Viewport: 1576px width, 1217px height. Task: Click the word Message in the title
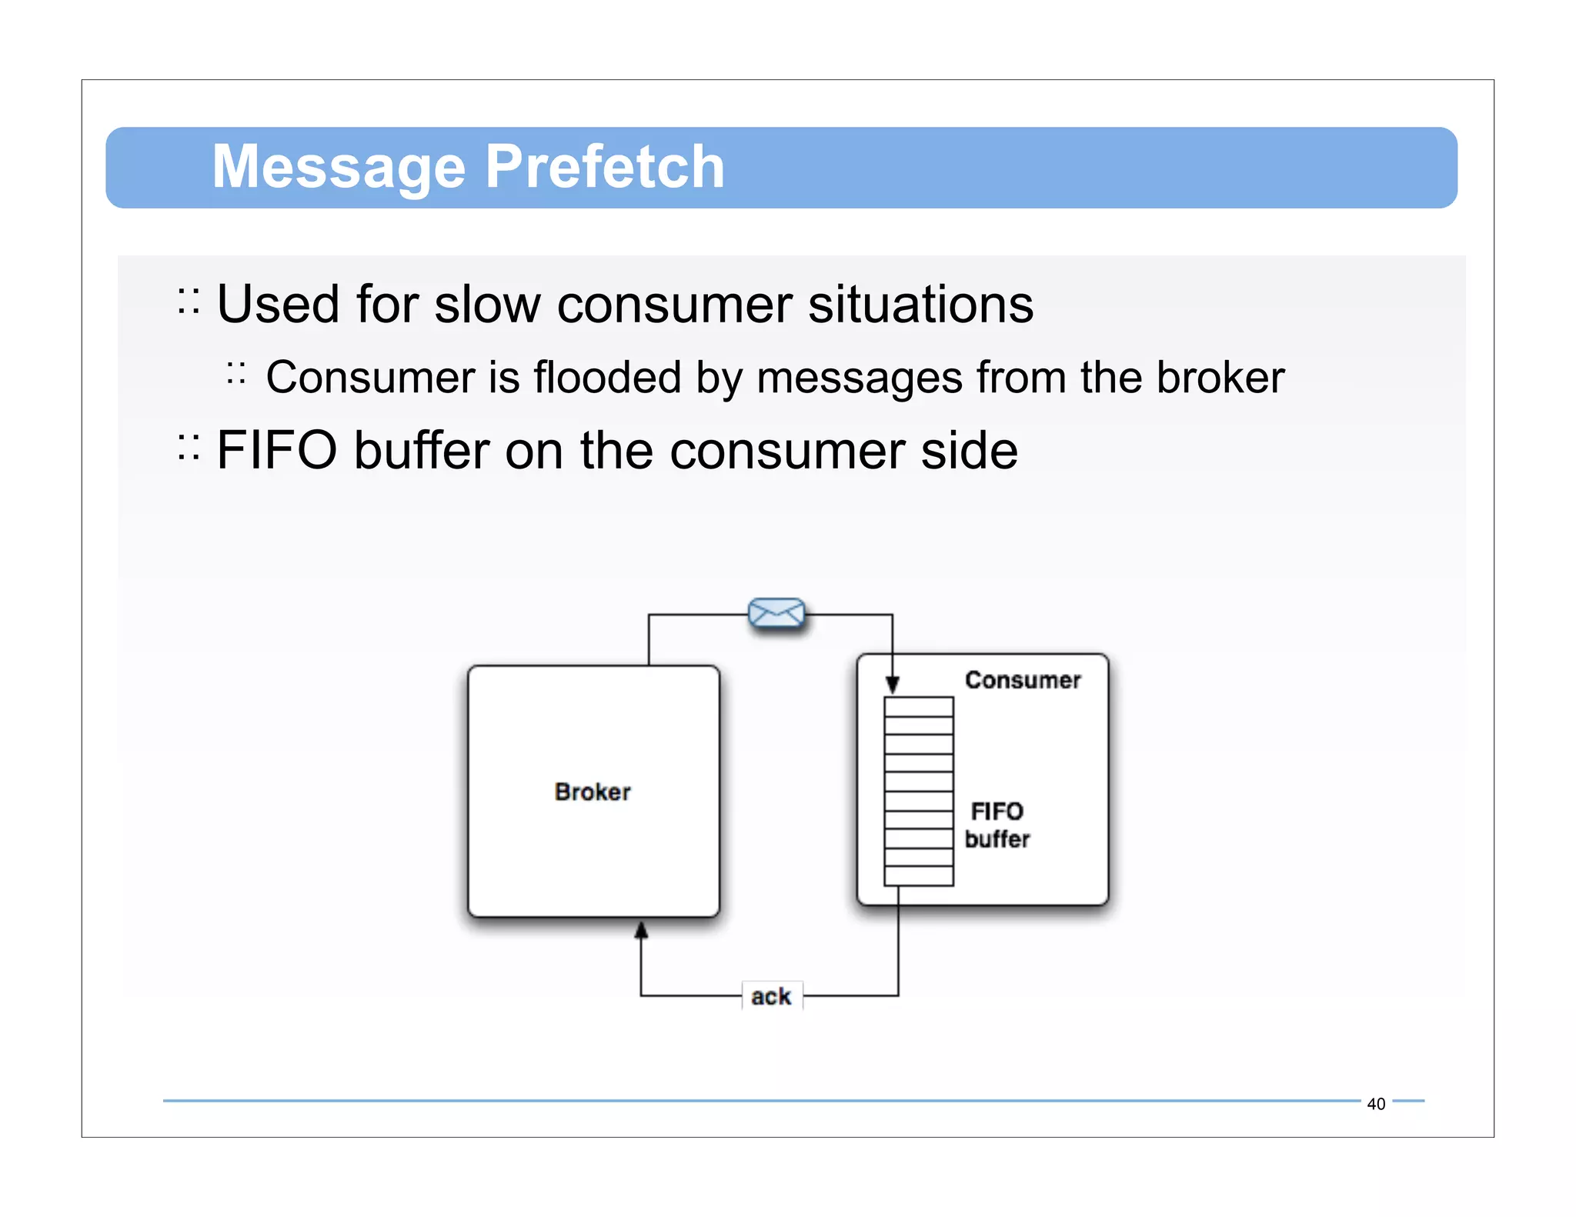click(339, 167)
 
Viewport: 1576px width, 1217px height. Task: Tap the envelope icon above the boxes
click(776, 614)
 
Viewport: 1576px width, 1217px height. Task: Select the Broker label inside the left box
click(593, 792)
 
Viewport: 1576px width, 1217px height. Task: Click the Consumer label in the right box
click(1023, 680)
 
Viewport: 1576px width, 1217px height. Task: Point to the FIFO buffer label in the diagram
click(997, 825)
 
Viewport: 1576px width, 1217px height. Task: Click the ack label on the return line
click(771, 996)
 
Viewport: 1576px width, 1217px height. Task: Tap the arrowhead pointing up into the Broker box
click(641, 930)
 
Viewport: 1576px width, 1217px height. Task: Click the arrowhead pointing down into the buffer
click(892, 684)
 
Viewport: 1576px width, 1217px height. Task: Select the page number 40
click(1376, 1104)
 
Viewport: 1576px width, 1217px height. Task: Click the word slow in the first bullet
click(487, 305)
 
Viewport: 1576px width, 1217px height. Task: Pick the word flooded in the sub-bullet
click(607, 378)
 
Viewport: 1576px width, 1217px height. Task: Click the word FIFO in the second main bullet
click(277, 451)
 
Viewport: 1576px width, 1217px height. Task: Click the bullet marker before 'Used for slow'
click(189, 302)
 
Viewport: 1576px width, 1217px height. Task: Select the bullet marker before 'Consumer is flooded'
click(236, 374)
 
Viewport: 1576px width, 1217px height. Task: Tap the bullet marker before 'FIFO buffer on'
click(189, 447)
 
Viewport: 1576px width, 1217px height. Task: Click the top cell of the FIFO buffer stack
click(919, 706)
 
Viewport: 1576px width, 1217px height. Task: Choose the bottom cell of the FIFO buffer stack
click(919, 876)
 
